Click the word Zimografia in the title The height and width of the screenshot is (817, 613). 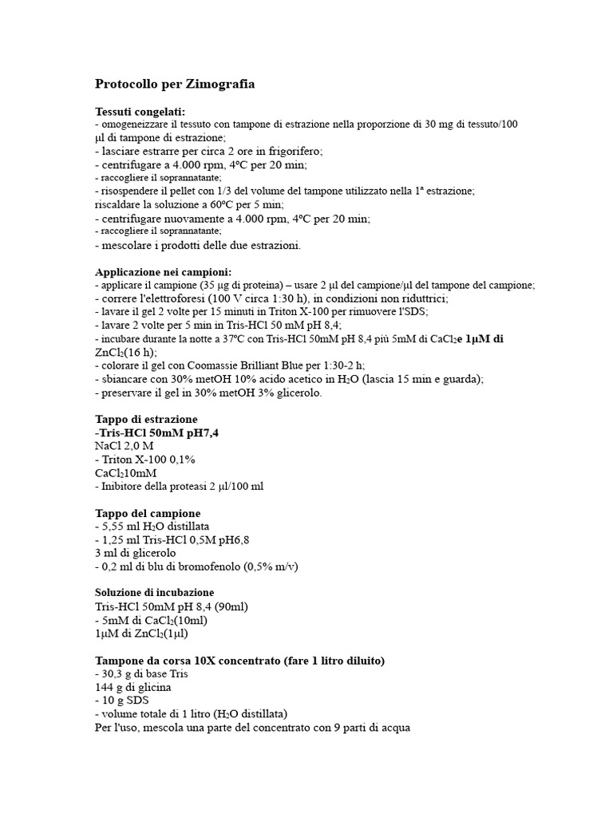click(x=222, y=84)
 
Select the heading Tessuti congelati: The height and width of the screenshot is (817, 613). click(x=140, y=112)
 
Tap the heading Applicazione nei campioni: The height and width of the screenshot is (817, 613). click(x=163, y=272)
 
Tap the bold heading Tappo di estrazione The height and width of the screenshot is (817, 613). click(x=146, y=420)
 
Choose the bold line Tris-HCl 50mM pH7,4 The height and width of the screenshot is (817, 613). click(x=156, y=432)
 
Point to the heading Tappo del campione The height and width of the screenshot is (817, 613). click(x=148, y=513)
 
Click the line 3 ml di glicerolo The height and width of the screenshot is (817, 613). click(x=135, y=553)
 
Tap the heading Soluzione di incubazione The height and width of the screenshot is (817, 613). click(x=154, y=593)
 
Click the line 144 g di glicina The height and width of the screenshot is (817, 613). click(x=132, y=687)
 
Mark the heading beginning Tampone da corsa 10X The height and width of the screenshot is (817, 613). click(x=239, y=661)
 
